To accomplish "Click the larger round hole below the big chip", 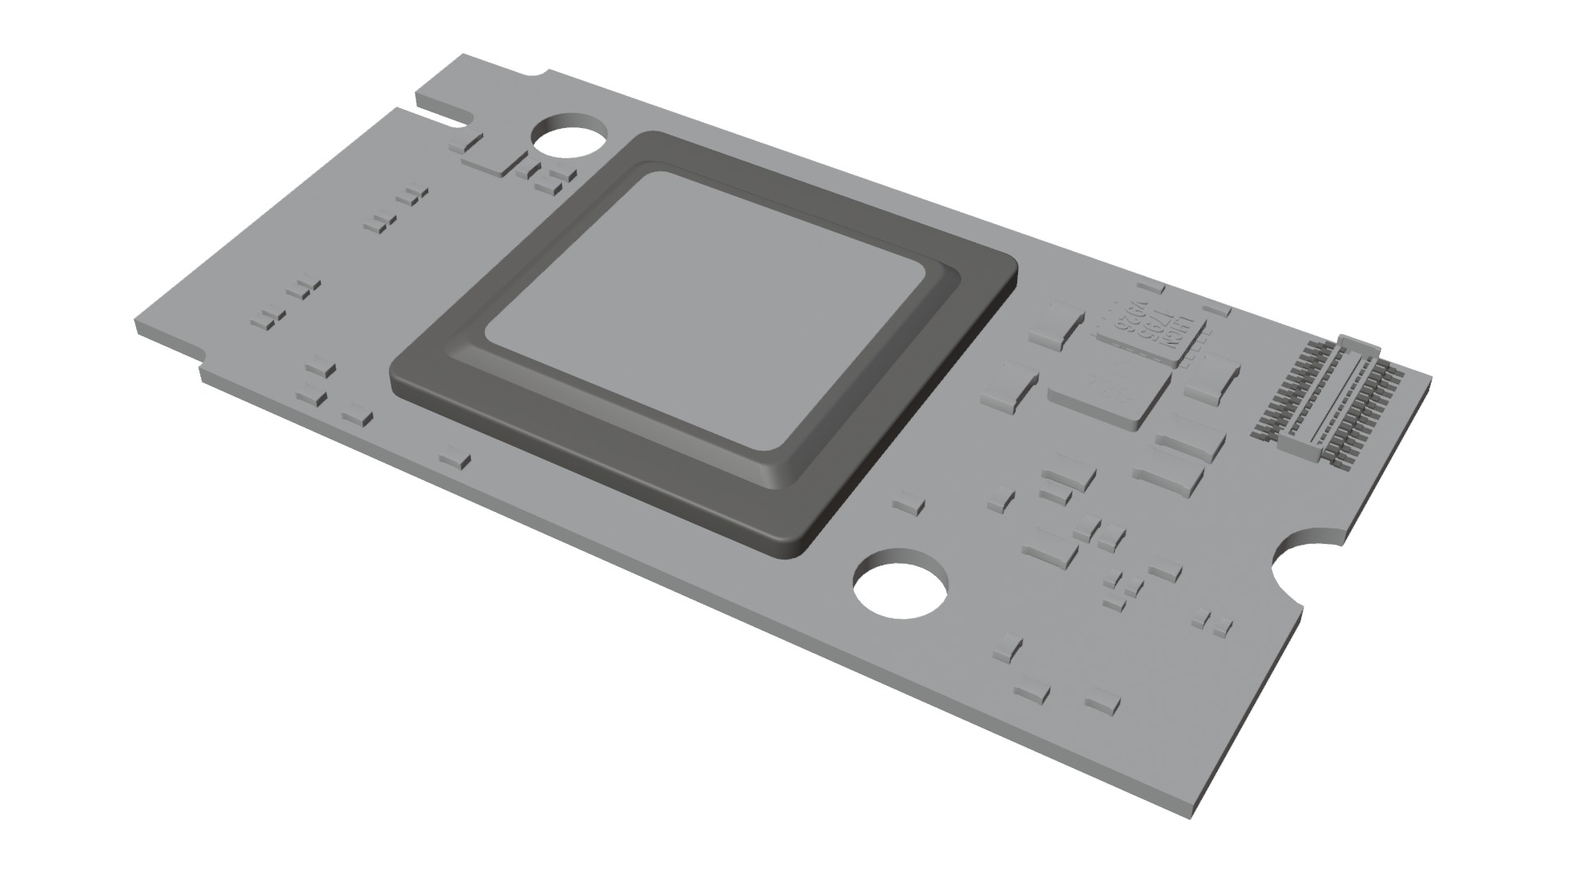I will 900,588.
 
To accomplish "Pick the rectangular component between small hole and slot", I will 491,164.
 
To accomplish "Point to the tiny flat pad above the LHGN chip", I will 1153,286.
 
